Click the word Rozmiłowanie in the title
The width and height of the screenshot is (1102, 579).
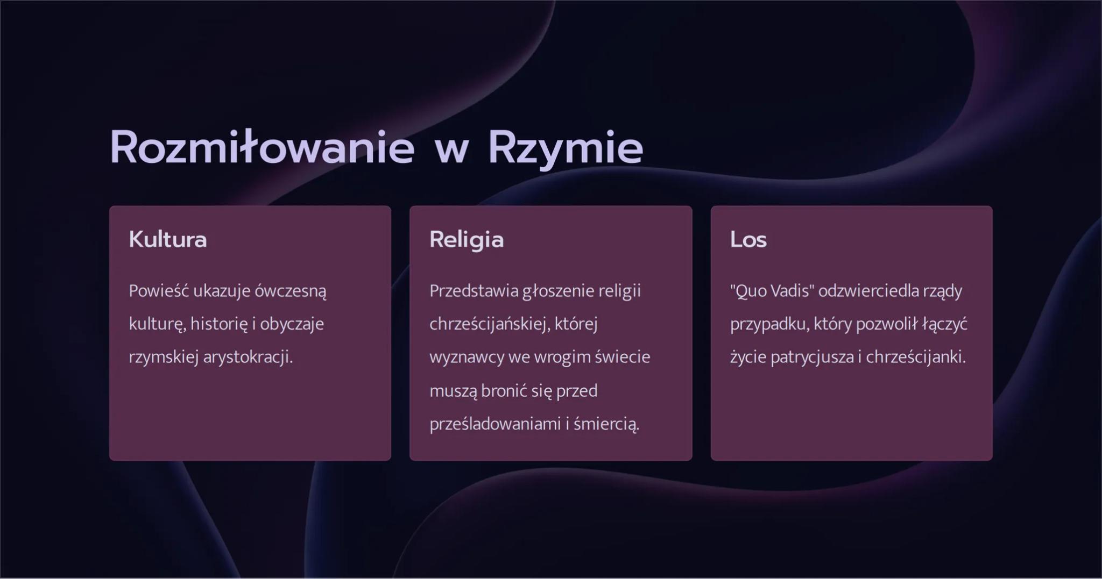point(262,148)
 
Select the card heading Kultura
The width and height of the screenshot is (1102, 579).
point(168,240)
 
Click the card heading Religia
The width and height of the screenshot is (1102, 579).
point(467,240)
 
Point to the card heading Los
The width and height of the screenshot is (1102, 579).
point(748,240)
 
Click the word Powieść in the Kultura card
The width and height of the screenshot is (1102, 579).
point(159,291)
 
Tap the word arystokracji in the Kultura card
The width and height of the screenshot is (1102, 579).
point(248,358)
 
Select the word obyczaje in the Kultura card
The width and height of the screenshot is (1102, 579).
point(292,324)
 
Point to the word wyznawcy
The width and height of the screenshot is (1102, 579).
point(467,358)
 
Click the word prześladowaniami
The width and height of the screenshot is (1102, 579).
point(495,424)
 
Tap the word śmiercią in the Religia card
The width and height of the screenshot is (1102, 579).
point(606,424)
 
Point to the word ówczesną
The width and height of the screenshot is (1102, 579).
point(291,291)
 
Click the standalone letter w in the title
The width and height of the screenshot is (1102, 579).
point(451,149)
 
